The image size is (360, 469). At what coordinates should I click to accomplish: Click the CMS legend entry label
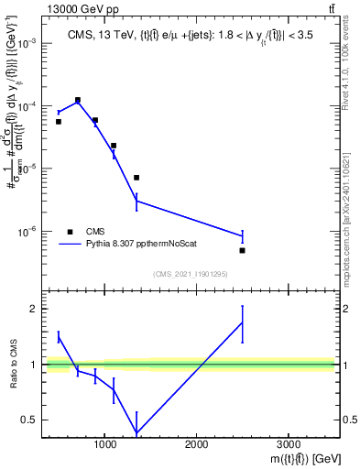pyautogui.click(x=96, y=232)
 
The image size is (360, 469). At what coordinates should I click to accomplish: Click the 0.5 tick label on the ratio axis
pyautogui.click(x=29, y=420)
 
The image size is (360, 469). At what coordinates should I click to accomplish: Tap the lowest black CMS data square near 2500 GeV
pyautogui.click(x=242, y=250)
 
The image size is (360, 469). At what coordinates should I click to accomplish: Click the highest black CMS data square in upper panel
pyautogui.click(x=77, y=100)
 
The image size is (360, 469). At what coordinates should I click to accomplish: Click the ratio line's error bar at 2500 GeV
pyautogui.click(x=242, y=322)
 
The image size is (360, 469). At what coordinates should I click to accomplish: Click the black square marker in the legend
pyautogui.click(x=71, y=232)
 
